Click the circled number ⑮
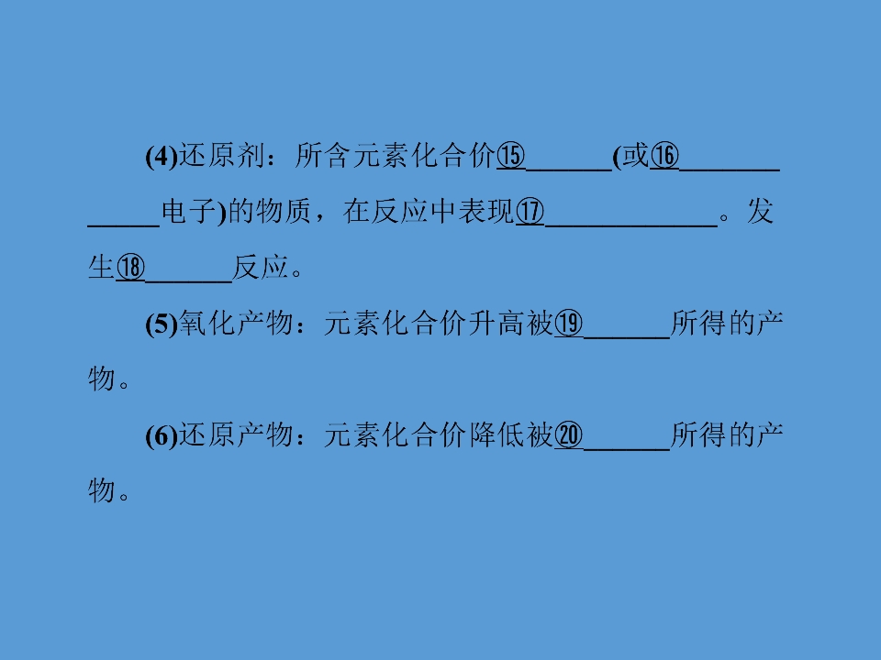511,156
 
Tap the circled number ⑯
664,156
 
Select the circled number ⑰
530,212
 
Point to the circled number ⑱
130,268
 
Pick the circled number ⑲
569,324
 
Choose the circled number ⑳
569,435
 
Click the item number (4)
162,156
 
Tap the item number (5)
162,324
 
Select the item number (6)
162,436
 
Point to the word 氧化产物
236,324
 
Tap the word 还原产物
236,435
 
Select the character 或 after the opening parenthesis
635,156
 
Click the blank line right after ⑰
631,225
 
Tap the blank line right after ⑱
188,281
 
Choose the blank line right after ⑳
627,449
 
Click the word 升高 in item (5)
496,324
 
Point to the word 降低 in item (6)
496,435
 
